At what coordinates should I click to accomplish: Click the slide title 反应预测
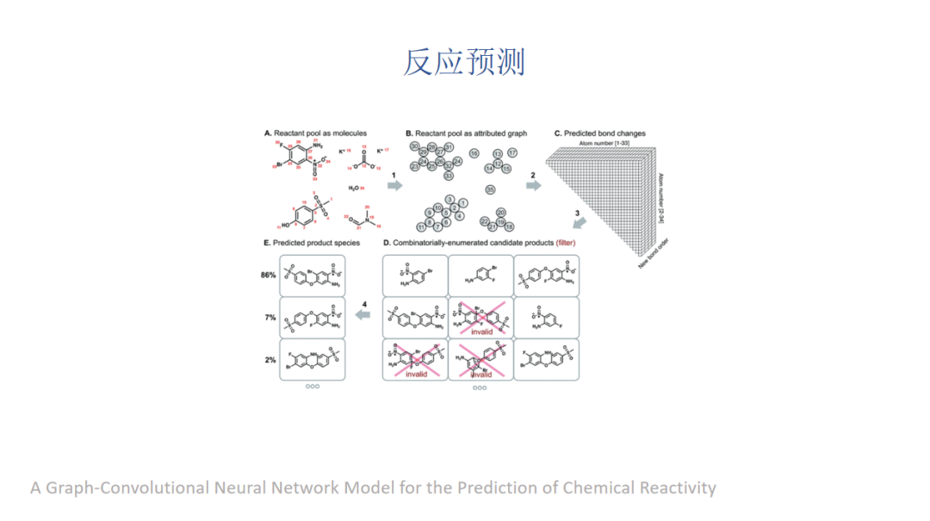coord(464,62)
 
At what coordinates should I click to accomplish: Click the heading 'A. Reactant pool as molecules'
coord(315,133)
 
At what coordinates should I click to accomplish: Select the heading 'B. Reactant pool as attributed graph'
coord(466,133)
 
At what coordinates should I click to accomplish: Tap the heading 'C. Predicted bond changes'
coord(599,133)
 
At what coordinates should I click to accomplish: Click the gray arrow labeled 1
coord(394,185)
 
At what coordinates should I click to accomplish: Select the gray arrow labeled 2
coord(534,185)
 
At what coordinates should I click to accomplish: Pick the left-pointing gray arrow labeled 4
coord(364,315)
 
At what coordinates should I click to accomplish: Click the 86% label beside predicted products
coord(269,276)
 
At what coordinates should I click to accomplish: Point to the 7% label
coord(270,318)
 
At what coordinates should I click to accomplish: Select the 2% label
coord(270,360)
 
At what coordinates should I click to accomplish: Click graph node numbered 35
coord(490,189)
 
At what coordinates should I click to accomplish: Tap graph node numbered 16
coord(474,153)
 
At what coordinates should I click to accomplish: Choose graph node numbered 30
coord(415,147)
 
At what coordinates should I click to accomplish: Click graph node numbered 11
coord(421,226)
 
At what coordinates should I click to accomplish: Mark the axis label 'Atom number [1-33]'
coord(611,141)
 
